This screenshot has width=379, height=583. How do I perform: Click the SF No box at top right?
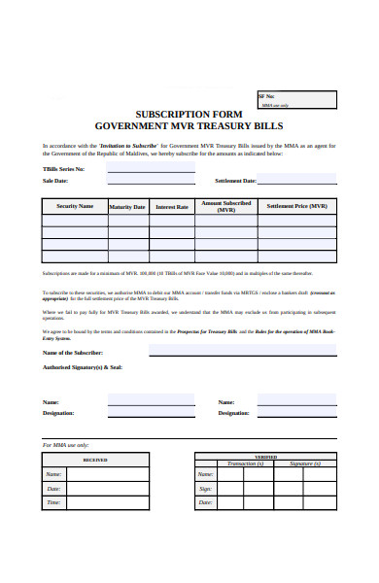pos(296,99)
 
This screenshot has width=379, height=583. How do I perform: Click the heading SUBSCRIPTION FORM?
pos(189,114)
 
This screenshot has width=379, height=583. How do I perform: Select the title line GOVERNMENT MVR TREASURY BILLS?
pos(189,126)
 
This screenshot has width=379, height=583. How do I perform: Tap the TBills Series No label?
pos(64,168)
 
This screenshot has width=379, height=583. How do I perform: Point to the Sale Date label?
pos(55,181)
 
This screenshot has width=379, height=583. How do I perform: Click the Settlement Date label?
pos(235,181)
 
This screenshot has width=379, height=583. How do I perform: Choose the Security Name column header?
pos(75,206)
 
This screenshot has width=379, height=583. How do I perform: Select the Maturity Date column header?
pos(127,207)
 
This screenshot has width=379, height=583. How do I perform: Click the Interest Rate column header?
pos(172,207)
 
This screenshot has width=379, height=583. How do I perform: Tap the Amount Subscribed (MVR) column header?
pos(226,206)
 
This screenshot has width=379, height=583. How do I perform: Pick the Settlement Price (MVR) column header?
pos(296,206)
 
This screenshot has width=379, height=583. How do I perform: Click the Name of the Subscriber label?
pos(73,352)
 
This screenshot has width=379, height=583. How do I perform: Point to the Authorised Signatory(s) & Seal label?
pos(83,367)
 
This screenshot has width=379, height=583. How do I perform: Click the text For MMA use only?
pos(66,444)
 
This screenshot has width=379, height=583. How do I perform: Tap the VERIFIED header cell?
pos(264,457)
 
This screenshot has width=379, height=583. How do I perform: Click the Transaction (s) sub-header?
pos(246,463)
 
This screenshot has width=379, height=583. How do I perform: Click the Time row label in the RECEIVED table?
pos(54,502)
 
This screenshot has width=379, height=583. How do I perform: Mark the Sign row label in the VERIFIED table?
pos(205,488)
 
